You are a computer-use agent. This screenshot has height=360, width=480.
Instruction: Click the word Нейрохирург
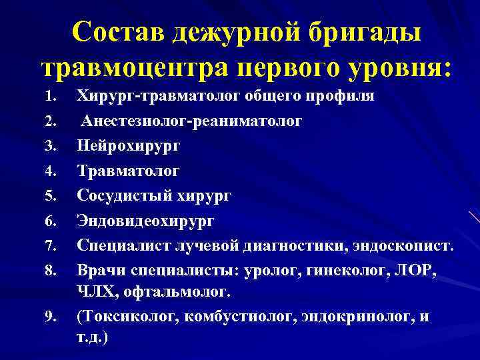click(128, 145)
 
